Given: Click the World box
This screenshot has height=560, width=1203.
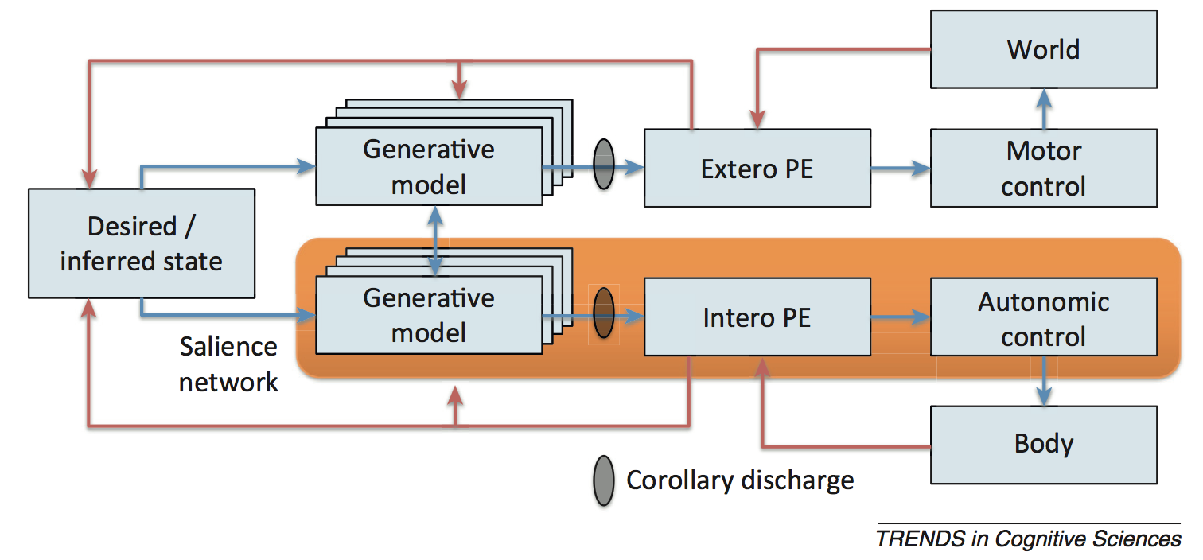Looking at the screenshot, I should [x=1043, y=49].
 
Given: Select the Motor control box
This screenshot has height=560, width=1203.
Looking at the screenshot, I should [x=1043, y=168].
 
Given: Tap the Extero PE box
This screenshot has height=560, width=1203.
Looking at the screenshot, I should [x=757, y=168].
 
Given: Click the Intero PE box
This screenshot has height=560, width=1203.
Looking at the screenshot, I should [x=757, y=317].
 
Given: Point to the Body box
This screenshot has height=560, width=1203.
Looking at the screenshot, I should [x=1043, y=444].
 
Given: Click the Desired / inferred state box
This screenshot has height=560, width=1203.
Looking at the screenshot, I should [x=141, y=243].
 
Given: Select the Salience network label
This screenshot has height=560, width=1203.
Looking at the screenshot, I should [x=228, y=364].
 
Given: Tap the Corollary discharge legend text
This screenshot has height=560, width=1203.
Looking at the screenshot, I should [x=740, y=480].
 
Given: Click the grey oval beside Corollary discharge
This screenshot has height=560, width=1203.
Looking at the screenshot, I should [x=604, y=480].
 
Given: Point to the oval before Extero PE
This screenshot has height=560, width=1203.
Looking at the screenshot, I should [x=605, y=165].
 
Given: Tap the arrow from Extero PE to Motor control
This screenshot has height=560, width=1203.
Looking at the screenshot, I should [x=900, y=168].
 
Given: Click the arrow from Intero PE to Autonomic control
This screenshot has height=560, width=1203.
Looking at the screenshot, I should [x=900, y=317].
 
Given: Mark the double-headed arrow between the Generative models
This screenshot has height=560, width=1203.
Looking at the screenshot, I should [x=435, y=239].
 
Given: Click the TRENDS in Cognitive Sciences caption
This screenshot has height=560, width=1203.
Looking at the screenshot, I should [x=1028, y=539].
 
